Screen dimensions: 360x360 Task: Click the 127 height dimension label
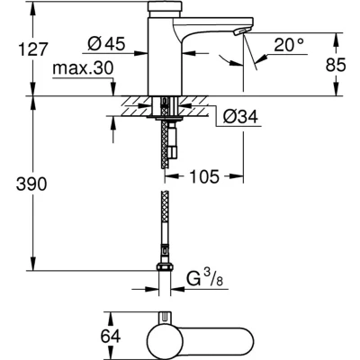pos(33,49)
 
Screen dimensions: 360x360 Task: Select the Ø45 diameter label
pos(106,44)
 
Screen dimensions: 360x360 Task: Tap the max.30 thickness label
pos(83,68)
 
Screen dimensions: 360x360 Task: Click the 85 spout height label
pos(336,65)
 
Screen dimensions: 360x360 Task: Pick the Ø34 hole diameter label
pos(240,116)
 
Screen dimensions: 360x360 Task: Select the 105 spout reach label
pos(204,176)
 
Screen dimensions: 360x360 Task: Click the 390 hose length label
pos(31,184)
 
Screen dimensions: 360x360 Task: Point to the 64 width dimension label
pos(111,336)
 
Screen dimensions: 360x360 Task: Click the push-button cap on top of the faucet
pos(165,9)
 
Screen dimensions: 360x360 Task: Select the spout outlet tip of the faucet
pos(241,31)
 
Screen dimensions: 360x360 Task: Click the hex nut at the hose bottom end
pos(165,266)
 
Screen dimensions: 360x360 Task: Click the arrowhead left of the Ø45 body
pos(141,53)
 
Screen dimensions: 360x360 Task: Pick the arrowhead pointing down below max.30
pos(113,90)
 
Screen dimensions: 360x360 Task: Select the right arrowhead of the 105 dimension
pos(236,176)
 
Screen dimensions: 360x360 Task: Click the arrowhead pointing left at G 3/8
pos(178,290)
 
